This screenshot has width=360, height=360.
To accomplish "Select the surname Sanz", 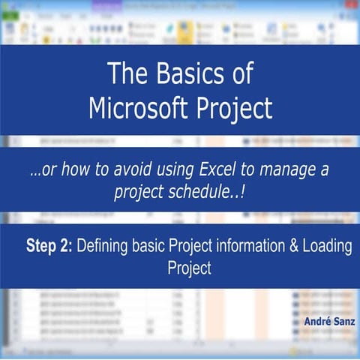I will coord(345,322).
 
